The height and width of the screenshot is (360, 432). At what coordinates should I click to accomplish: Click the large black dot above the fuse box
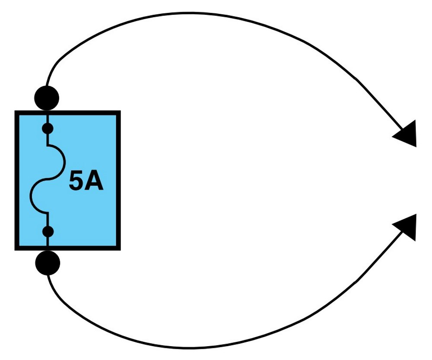click(x=47, y=98)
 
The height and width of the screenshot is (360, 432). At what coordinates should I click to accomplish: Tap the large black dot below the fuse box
click(x=48, y=263)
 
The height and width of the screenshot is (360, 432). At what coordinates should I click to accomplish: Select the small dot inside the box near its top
click(x=48, y=128)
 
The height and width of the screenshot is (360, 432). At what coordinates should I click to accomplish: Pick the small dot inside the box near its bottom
click(x=48, y=232)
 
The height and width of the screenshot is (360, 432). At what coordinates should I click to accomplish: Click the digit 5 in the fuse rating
click(x=76, y=180)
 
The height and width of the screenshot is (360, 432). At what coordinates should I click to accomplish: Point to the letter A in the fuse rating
click(x=94, y=180)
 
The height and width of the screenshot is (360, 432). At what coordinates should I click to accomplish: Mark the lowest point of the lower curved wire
click(x=190, y=348)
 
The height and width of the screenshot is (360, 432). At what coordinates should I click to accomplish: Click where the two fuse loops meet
click(x=48, y=179)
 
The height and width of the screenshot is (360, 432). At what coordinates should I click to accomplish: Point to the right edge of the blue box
click(x=118, y=180)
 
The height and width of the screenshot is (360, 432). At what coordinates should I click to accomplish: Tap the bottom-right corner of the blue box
click(x=121, y=250)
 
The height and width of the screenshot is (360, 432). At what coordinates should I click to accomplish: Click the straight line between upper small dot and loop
click(x=48, y=140)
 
